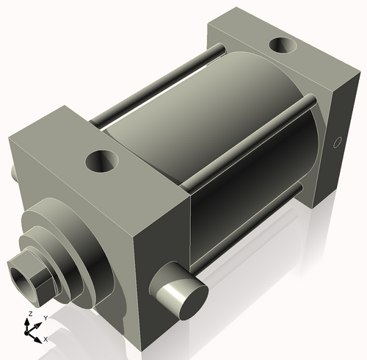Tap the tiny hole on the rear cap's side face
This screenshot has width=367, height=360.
click(x=338, y=142)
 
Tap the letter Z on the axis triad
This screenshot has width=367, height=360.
click(x=29, y=314)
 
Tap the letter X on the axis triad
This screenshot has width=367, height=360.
click(x=46, y=339)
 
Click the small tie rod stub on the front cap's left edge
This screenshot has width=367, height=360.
click(x=14, y=173)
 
